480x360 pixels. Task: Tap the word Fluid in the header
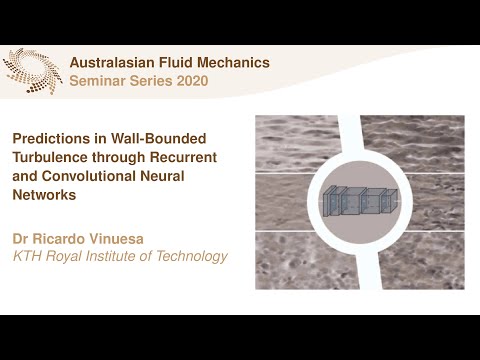click(x=188, y=62)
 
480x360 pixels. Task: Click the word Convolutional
click(x=84, y=177)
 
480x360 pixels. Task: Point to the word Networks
click(x=42, y=196)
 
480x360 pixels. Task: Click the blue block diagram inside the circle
click(x=360, y=202)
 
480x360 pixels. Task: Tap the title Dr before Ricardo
click(x=20, y=238)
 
